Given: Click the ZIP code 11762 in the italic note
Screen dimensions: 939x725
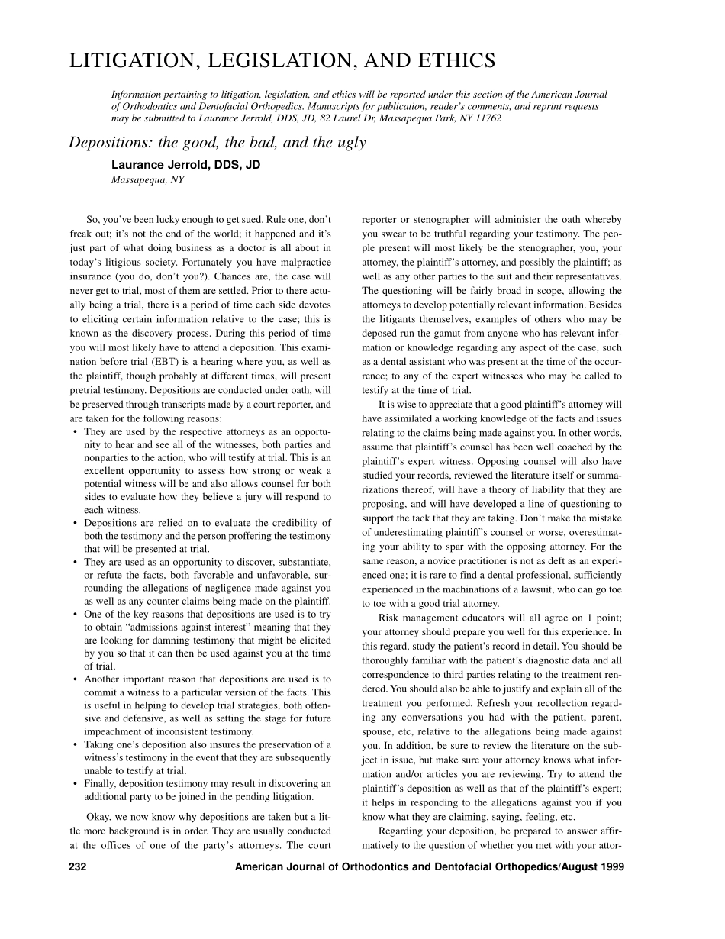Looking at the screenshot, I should pyautogui.click(x=487, y=118).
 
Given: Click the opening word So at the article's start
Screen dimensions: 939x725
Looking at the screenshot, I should pyautogui.click(x=94, y=219).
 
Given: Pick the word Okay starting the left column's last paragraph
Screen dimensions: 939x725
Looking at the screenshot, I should pyautogui.click(x=99, y=816).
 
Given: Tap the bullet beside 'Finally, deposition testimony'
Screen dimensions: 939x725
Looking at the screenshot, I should pyautogui.click(x=75, y=783).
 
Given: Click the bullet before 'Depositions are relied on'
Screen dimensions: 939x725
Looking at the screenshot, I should pyautogui.click(x=75, y=524).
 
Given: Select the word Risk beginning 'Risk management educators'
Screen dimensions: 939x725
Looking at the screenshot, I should pyautogui.click(x=389, y=618).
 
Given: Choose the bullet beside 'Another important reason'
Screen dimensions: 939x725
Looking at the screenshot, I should pyautogui.click(x=75, y=679).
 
